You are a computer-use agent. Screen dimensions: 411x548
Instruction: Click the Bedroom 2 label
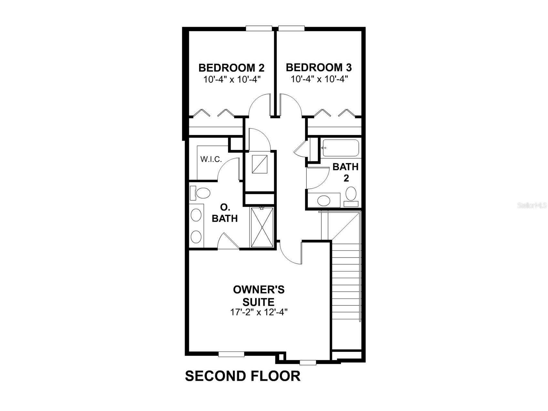(x=231, y=68)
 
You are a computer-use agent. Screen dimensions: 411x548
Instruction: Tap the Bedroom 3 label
(x=319, y=68)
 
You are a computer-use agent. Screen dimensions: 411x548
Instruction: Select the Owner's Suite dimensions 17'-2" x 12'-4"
(x=259, y=312)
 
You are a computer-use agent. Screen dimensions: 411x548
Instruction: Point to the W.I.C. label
(x=211, y=159)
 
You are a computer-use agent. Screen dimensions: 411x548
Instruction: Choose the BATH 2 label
(x=346, y=172)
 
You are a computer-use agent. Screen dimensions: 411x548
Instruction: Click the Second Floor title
(x=243, y=376)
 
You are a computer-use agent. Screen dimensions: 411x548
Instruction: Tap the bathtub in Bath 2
(x=340, y=148)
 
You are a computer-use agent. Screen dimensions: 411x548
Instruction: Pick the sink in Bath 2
(x=324, y=200)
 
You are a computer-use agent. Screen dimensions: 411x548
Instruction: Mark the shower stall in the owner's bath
(x=262, y=227)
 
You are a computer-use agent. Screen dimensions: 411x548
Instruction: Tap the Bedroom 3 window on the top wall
(x=292, y=28)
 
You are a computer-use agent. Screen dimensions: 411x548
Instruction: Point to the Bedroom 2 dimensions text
(x=232, y=79)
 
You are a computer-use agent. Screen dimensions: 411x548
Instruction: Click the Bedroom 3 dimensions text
(x=319, y=79)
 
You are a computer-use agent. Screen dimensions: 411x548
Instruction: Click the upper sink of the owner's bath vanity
(x=196, y=215)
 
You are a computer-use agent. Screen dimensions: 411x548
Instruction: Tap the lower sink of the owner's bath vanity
(x=196, y=237)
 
